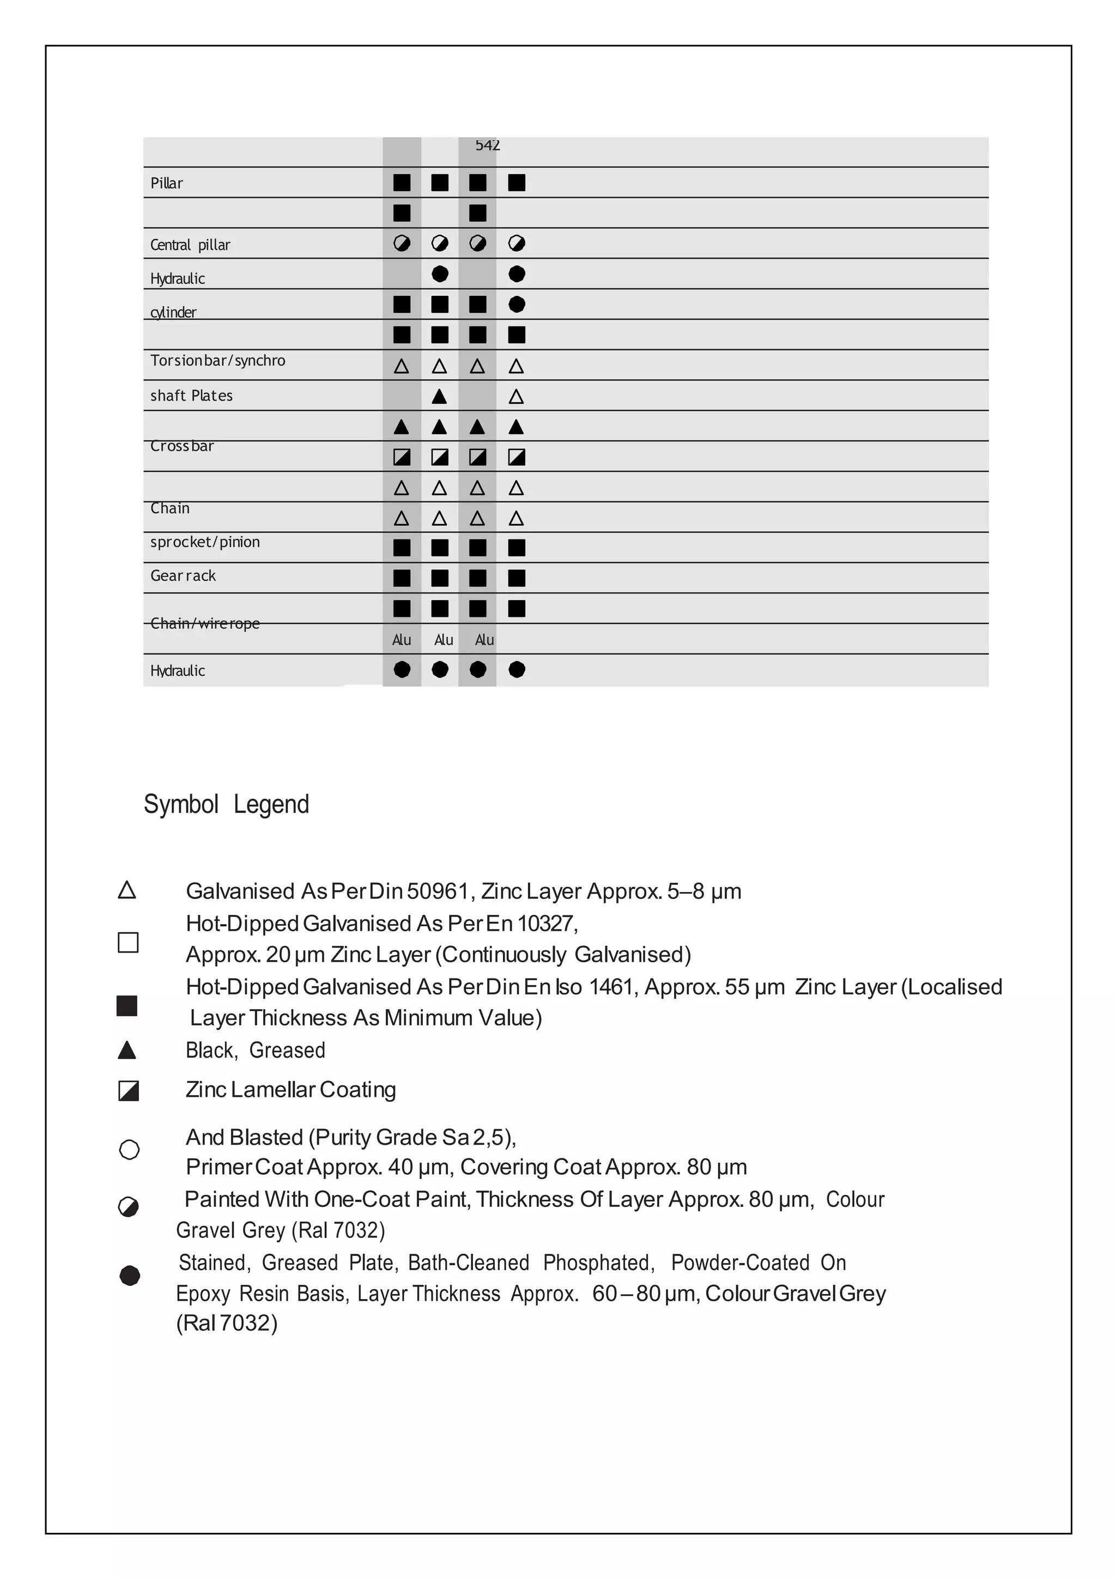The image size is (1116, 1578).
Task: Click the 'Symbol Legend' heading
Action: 226,804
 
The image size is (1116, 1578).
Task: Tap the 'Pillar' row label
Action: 167,184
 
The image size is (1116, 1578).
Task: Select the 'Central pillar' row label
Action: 190,245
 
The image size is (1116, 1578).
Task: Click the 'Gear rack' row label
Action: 183,576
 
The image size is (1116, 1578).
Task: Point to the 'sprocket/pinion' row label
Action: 205,542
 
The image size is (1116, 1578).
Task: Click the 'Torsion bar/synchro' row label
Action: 217,361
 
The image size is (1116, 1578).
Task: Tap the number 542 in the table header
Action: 487,145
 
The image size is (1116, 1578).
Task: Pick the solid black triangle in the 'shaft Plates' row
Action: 439,397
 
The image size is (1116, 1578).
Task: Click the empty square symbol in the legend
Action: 128,942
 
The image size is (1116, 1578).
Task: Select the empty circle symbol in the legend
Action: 129,1149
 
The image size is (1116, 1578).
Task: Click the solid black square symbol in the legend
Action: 127,1005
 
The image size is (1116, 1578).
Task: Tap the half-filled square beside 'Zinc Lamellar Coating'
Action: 129,1091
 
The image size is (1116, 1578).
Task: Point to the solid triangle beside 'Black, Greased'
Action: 127,1050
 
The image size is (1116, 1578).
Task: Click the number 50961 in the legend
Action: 437,891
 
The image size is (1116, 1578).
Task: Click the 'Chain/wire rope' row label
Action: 205,623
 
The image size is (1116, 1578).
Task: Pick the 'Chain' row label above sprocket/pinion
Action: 169,508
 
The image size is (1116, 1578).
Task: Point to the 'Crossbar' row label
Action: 182,446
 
